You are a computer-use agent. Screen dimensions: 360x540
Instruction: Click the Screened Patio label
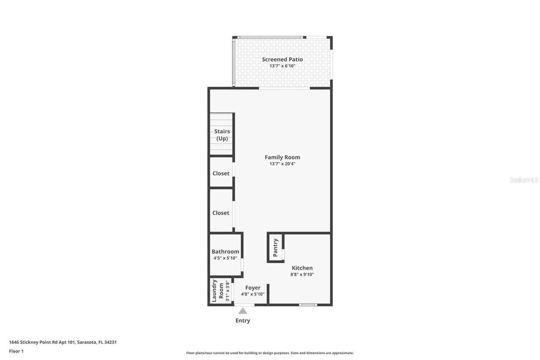pyautogui.click(x=282, y=60)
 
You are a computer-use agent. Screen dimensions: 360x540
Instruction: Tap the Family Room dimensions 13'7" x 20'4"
pyautogui.click(x=282, y=164)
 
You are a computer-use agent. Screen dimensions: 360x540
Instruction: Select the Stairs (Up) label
pyautogui.click(x=222, y=135)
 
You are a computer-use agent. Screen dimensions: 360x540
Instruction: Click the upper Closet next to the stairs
pyautogui.click(x=221, y=173)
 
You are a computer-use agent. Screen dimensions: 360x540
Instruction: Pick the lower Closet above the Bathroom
pyautogui.click(x=221, y=213)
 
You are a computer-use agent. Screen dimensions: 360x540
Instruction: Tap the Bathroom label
pyautogui.click(x=225, y=252)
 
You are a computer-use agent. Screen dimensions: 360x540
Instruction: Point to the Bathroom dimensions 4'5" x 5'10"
pyautogui.click(x=225, y=258)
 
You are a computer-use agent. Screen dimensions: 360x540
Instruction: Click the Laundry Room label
pyautogui.click(x=218, y=290)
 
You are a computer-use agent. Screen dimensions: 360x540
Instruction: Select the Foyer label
pyautogui.click(x=253, y=288)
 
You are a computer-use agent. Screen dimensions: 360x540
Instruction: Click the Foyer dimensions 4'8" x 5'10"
pyautogui.click(x=253, y=294)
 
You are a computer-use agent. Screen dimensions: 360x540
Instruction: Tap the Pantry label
pyautogui.click(x=275, y=248)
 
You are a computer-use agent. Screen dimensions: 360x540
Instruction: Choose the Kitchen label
pyautogui.click(x=302, y=268)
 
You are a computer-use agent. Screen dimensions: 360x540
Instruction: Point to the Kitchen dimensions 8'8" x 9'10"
pyautogui.click(x=302, y=274)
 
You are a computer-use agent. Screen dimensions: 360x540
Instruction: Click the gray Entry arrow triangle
pyautogui.click(x=243, y=311)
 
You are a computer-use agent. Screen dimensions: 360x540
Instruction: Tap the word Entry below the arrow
pyautogui.click(x=243, y=321)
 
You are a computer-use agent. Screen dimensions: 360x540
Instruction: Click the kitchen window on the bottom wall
pyautogui.click(x=308, y=305)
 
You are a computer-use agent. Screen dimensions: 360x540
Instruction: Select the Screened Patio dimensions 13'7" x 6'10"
pyautogui.click(x=282, y=66)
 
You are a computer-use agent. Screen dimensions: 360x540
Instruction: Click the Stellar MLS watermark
pyautogui.click(x=524, y=180)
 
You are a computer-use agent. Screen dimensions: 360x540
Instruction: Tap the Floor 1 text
pyautogui.click(x=16, y=351)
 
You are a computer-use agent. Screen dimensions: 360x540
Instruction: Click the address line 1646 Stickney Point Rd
pyautogui.click(x=63, y=342)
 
